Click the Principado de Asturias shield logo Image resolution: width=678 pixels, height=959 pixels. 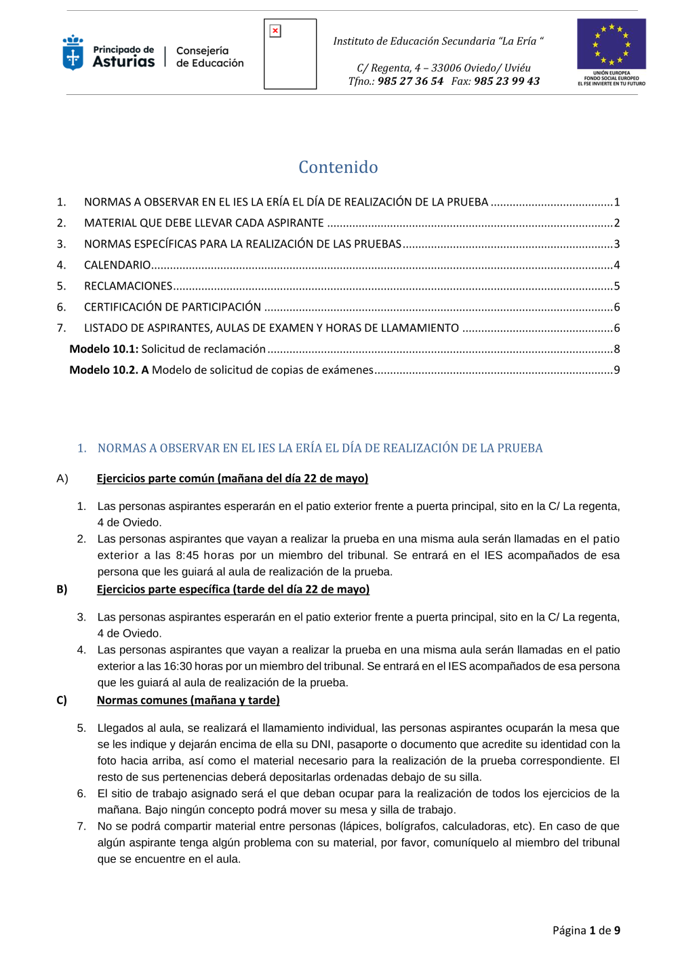pyautogui.click(x=73, y=53)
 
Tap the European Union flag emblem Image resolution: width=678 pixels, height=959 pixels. pyautogui.click(x=611, y=44)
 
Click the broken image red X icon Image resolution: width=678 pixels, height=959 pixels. pyautogui.click(x=275, y=31)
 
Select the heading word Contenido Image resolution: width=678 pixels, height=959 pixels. pyautogui.click(x=338, y=167)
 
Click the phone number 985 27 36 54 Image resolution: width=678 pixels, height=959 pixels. pyautogui.click(x=410, y=81)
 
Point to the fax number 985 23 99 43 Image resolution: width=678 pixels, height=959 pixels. pyautogui.click(x=506, y=81)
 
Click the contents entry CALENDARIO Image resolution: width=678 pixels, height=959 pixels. pyautogui.click(x=117, y=265)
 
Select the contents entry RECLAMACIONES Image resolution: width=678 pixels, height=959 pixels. pyautogui.click(x=128, y=286)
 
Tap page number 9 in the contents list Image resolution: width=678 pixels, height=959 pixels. pyautogui.click(x=617, y=370)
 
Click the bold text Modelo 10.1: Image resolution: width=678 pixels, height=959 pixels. pyautogui.click(x=104, y=349)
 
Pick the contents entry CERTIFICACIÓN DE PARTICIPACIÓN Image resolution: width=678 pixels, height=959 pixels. pyautogui.click(x=172, y=307)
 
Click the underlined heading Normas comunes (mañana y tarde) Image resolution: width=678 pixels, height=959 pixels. pyautogui.click(x=188, y=701)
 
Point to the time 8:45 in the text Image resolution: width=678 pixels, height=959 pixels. pyautogui.click(x=187, y=555)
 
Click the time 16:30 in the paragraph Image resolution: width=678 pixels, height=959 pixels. pyautogui.click(x=178, y=667)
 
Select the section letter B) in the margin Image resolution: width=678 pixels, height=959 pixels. pyautogui.click(x=62, y=589)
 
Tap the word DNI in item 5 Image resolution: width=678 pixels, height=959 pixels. pyautogui.click(x=321, y=745)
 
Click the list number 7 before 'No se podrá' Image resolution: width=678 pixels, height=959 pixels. pyautogui.click(x=81, y=826)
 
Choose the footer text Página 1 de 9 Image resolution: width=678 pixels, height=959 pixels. pyautogui.click(x=586, y=931)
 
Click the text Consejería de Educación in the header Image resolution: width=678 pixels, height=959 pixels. pyautogui.click(x=210, y=57)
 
